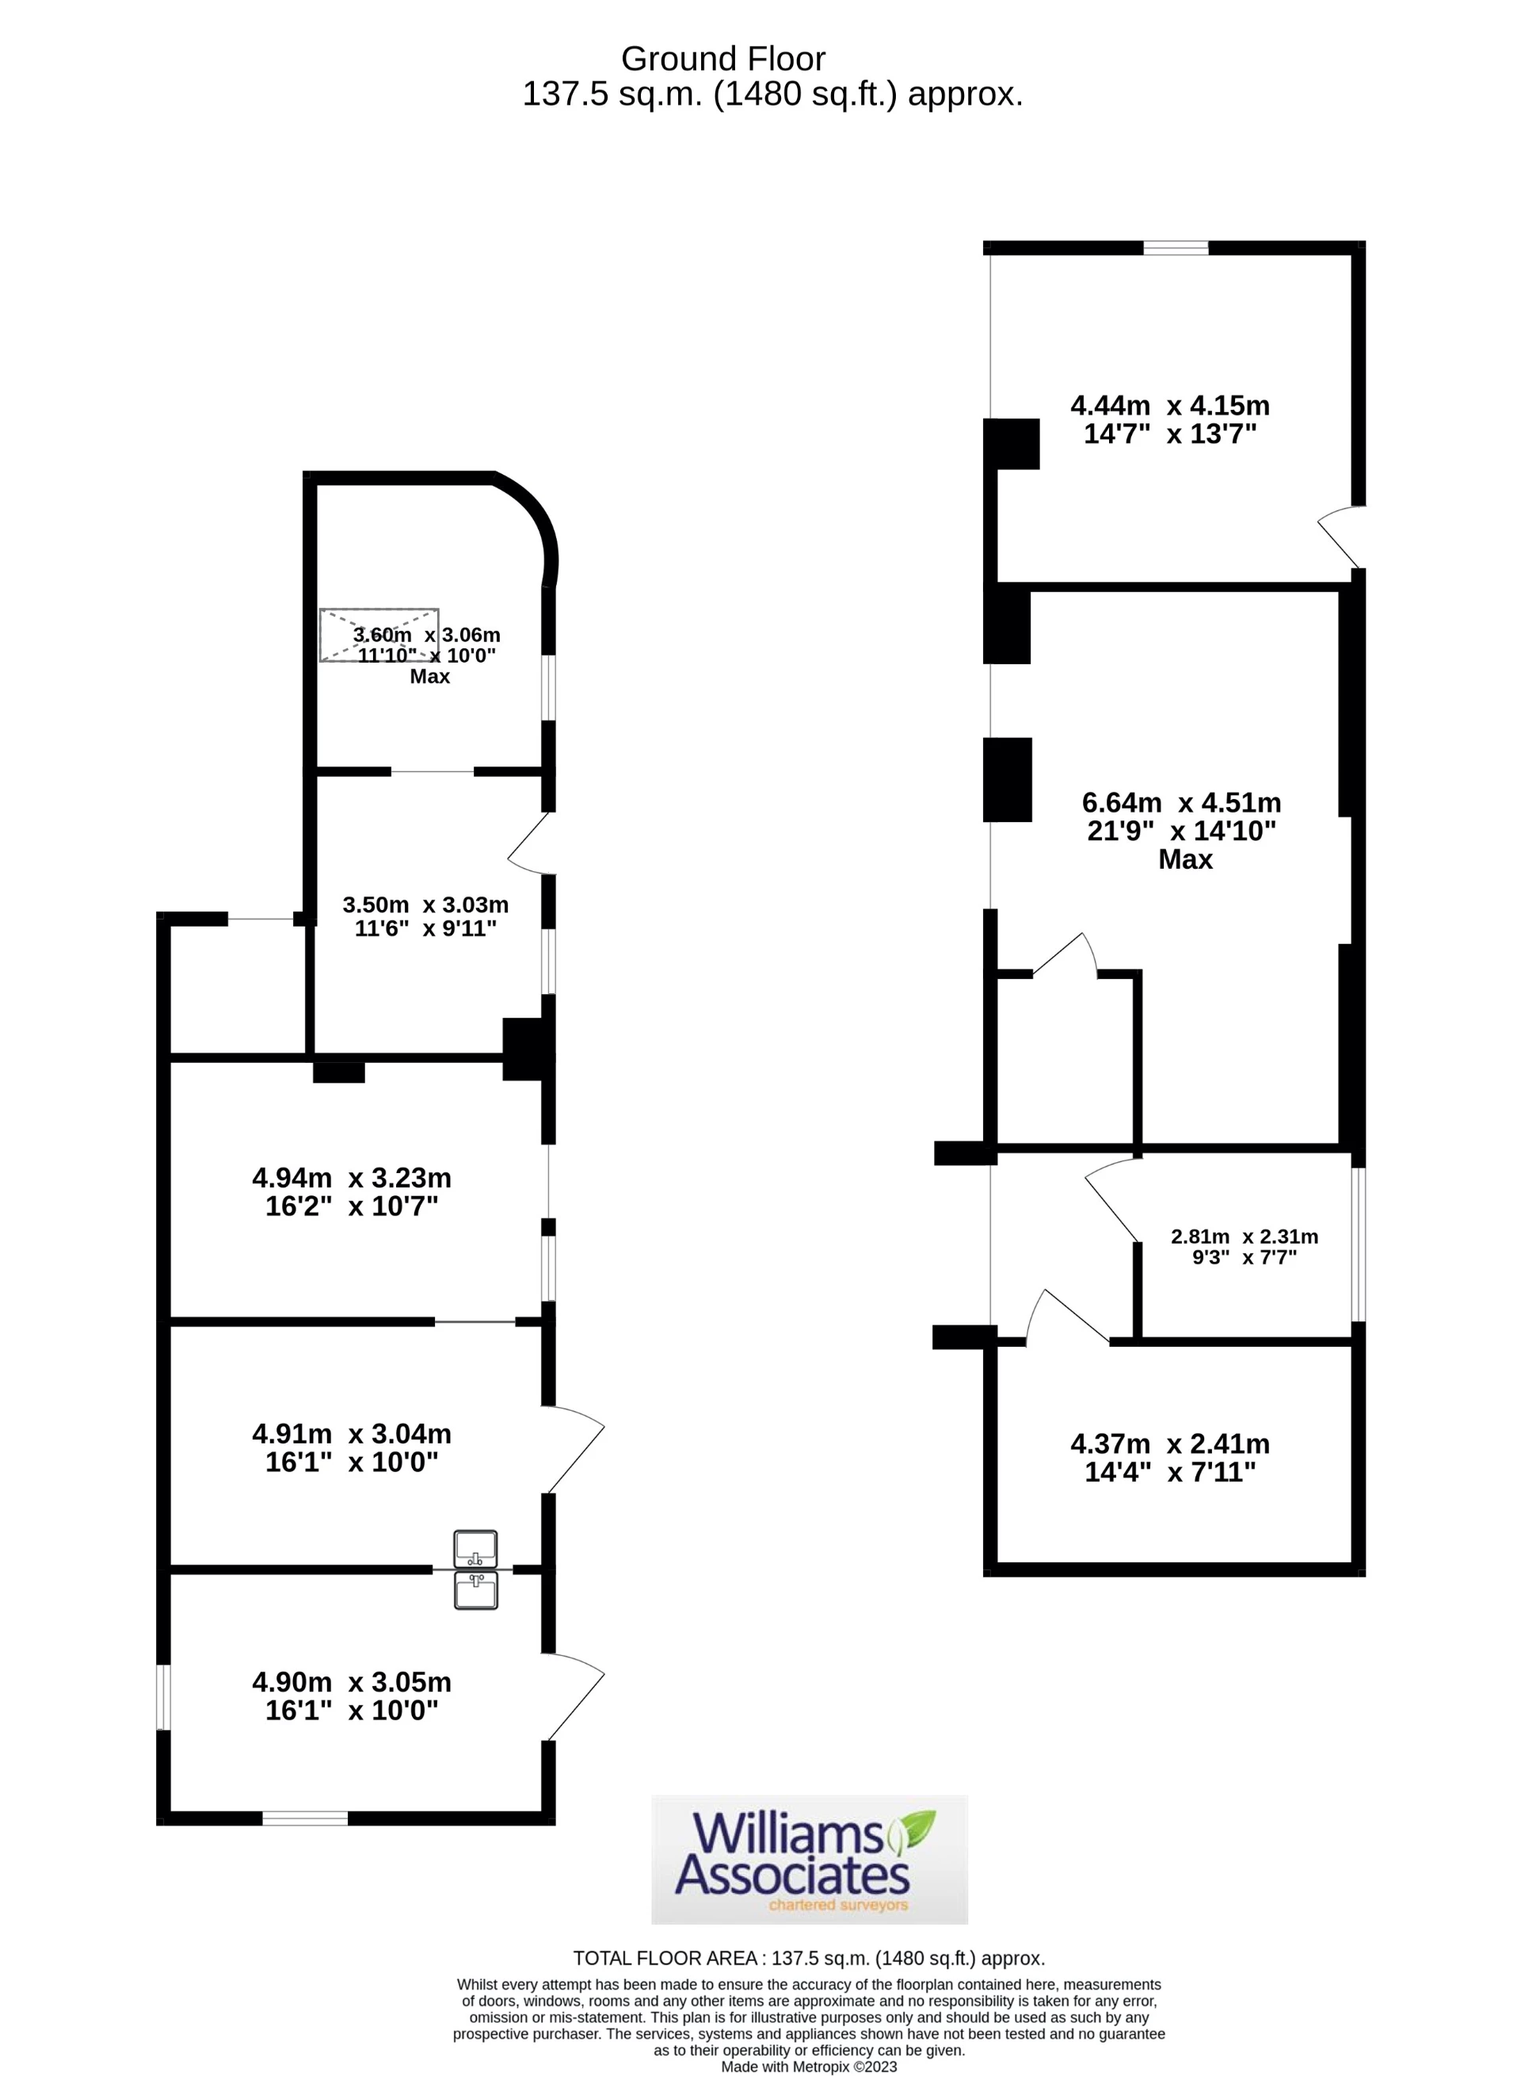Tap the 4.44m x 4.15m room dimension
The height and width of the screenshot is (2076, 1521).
(x=1169, y=419)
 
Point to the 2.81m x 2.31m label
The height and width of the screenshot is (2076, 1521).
(x=1244, y=1246)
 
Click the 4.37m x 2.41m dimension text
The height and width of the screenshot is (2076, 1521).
(x=1169, y=1457)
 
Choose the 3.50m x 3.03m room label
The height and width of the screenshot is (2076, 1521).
(x=425, y=916)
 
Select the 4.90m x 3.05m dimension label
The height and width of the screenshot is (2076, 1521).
(x=352, y=1696)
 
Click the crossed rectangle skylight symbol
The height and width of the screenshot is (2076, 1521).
(x=379, y=635)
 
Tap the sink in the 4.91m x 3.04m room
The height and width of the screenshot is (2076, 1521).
(x=475, y=1548)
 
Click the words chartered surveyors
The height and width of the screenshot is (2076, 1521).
(x=838, y=1905)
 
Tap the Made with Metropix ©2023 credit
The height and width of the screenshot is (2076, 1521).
(x=808, y=2066)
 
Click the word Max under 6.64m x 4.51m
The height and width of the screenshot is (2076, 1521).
(x=1185, y=859)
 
